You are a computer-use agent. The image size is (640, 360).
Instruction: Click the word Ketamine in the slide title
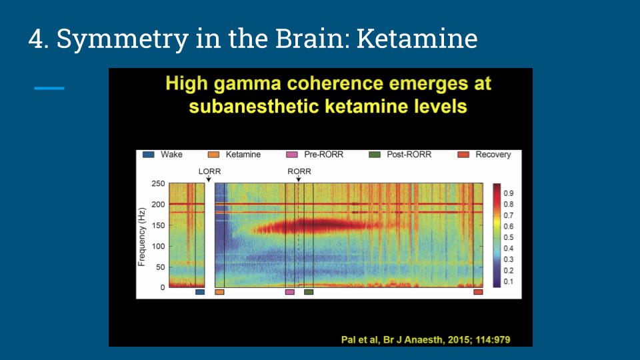(x=417, y=39)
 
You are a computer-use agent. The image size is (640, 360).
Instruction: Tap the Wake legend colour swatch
(x=148, y=155)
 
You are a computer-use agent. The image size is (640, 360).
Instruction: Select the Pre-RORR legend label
(x=324, y=155)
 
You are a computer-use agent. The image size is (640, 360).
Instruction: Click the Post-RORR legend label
(x=409, y=155)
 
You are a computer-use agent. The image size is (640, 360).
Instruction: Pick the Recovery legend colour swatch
(x=463, y=155)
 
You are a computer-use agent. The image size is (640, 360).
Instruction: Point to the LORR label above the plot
(x=209, y=171)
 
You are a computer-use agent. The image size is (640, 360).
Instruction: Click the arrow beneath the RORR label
(x=299, y=179)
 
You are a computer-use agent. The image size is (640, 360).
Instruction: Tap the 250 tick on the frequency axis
(x=158, y=184)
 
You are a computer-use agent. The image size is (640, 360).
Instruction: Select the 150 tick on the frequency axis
(x=158, y=225)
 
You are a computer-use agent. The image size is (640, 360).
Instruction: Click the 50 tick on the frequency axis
(x=160, y=267)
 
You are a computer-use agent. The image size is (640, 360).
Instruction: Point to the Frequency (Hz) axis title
(x=141, y=237)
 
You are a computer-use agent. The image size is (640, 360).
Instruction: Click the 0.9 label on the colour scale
(x=509, y=193)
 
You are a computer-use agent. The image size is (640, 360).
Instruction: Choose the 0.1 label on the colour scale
(x=509, y=281)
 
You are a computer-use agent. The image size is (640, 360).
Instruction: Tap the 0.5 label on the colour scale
(x=509, y=237)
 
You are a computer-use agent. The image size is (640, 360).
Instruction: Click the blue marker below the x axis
(x=200, y=292)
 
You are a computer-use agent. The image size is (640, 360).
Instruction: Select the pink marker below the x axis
(x=290, y=292)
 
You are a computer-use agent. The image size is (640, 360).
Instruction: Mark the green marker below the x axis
(x=309, y=292)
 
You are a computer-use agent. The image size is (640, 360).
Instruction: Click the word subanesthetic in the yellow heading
(x=253, y=107)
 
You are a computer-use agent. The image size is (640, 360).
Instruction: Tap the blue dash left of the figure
(x=49, y=88)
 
